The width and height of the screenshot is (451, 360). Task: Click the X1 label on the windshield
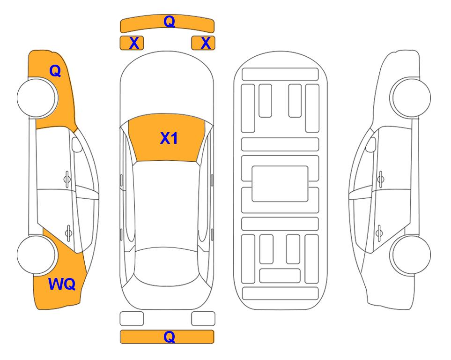[x=169, y=138]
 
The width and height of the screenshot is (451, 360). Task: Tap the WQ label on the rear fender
[x=62, y=284]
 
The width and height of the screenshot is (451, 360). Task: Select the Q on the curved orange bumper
[x=169, y=21]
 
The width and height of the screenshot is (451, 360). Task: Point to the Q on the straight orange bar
[x=169, y=337]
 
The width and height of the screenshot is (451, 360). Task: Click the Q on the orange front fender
[x=55, y=71]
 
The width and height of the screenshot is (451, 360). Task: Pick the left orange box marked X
[x=132, y=43]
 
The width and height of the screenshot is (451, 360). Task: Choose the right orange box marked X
[x=203, y=43]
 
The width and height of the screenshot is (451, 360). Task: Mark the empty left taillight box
[x=132, y=319]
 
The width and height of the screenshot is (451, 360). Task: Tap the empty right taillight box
[x=203, y=319]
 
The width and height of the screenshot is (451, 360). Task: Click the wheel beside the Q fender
[x=37, y=97]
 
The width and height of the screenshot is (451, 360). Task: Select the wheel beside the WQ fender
[x=37, y=255]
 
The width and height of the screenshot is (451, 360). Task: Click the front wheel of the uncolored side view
[x=411, y=97]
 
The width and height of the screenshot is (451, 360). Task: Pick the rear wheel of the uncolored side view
[x=411, y=255]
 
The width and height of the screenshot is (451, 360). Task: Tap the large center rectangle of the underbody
[x=280, y=184]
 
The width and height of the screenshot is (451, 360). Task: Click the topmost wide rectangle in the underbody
[x=280, y=75]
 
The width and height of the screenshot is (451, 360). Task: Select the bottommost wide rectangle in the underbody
[x=280, y=293]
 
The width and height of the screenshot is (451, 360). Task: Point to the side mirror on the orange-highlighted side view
[x=76, y=144]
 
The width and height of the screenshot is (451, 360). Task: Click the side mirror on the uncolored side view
[x=371, y=144]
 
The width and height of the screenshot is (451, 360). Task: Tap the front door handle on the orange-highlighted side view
[x=67, y=180]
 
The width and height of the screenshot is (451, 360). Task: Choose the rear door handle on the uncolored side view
[x=379, y=233]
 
